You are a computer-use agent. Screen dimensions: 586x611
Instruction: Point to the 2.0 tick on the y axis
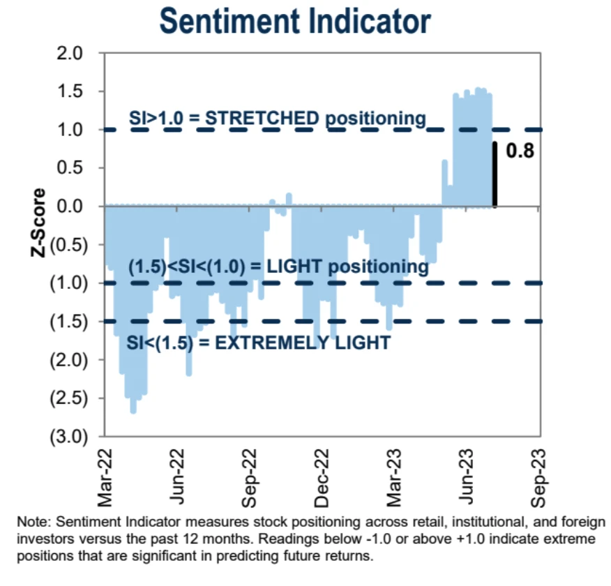click(70, 53)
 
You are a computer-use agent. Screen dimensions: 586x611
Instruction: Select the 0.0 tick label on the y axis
click(70, 206)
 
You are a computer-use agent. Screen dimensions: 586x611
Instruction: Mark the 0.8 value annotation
click(520, 151)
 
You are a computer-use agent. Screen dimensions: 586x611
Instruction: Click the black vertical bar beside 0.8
click(495, 174)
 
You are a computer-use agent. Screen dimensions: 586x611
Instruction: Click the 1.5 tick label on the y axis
click(70, 91)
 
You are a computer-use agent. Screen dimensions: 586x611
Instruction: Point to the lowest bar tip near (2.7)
click(133, 411)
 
